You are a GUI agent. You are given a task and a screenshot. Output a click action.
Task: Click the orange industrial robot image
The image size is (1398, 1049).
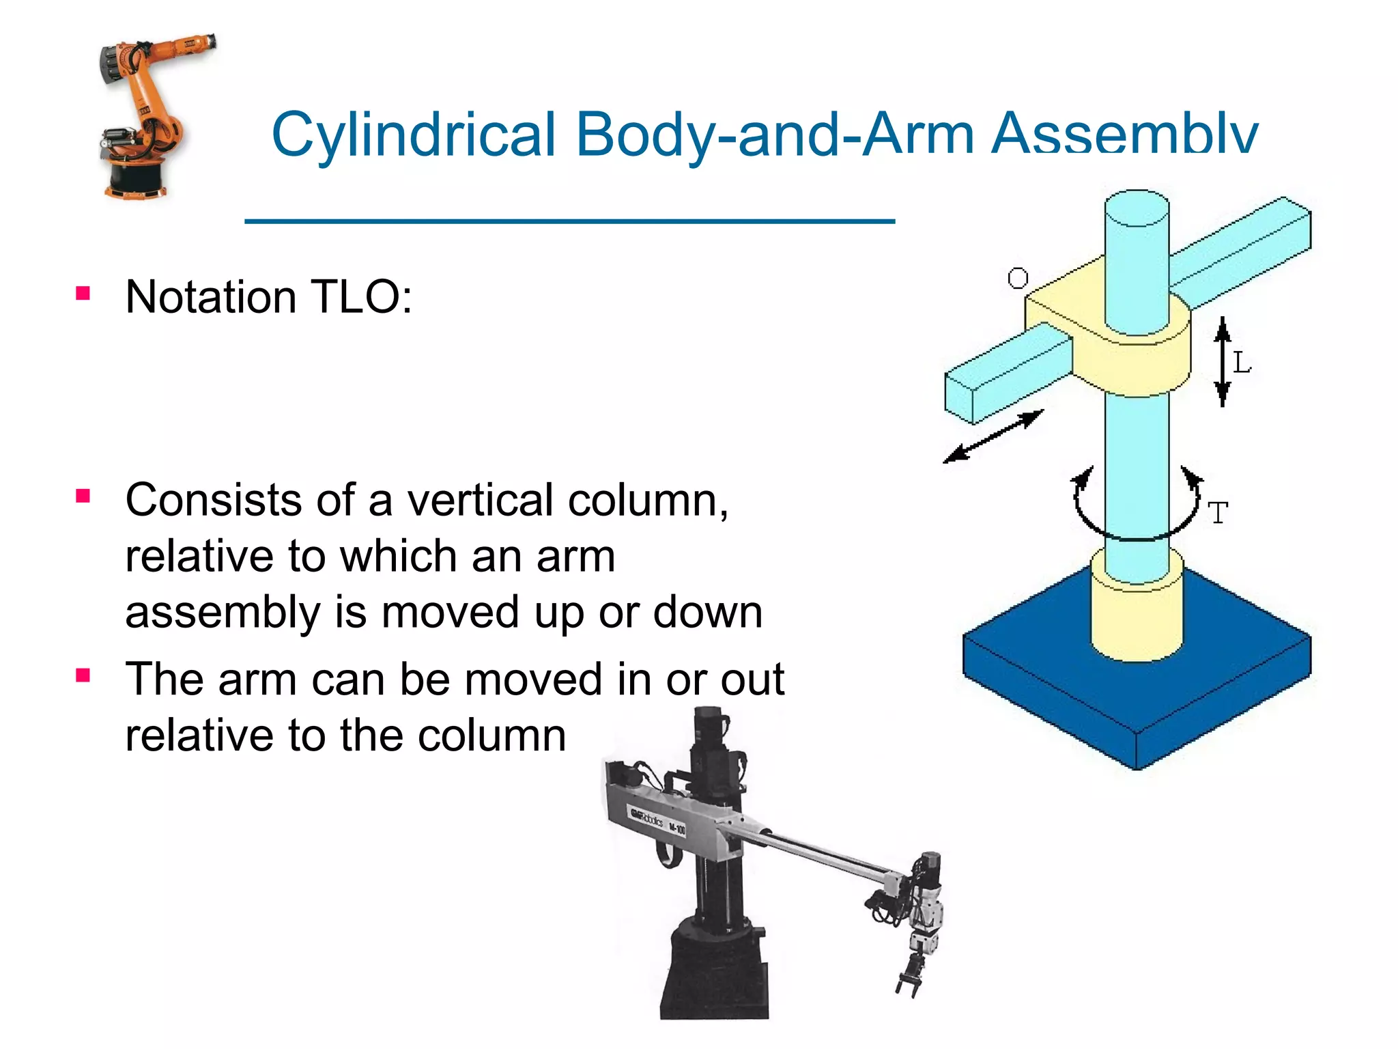[x=147, y=116]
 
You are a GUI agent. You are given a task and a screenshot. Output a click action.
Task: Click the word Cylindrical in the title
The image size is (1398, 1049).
[x=414, y=135]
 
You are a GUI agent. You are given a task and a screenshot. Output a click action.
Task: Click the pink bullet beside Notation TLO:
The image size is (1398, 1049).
[x=83, y=294]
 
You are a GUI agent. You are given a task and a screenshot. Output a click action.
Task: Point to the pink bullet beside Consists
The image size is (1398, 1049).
[x=83, y=496]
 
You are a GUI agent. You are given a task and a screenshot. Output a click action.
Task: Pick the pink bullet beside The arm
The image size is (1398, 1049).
[x=83, y=676]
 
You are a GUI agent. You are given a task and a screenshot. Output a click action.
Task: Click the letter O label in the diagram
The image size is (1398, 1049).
[x=1018, y=278]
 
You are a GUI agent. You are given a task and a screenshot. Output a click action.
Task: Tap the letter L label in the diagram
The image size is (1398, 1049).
[x=1242, y=363]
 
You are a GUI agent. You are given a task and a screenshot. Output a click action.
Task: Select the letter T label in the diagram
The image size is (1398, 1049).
[x=1218, y=513]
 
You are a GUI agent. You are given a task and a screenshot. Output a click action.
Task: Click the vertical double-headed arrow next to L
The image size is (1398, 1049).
[x=1222, y=362]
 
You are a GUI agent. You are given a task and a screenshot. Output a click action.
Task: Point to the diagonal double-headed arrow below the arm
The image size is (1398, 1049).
[x=993, y=436]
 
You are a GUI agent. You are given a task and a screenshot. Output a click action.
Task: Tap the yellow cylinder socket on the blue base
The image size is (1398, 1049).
[x=1137, y=615]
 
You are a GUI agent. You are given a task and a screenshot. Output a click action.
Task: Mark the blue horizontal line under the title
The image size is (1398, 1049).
[x=569, y=221]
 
